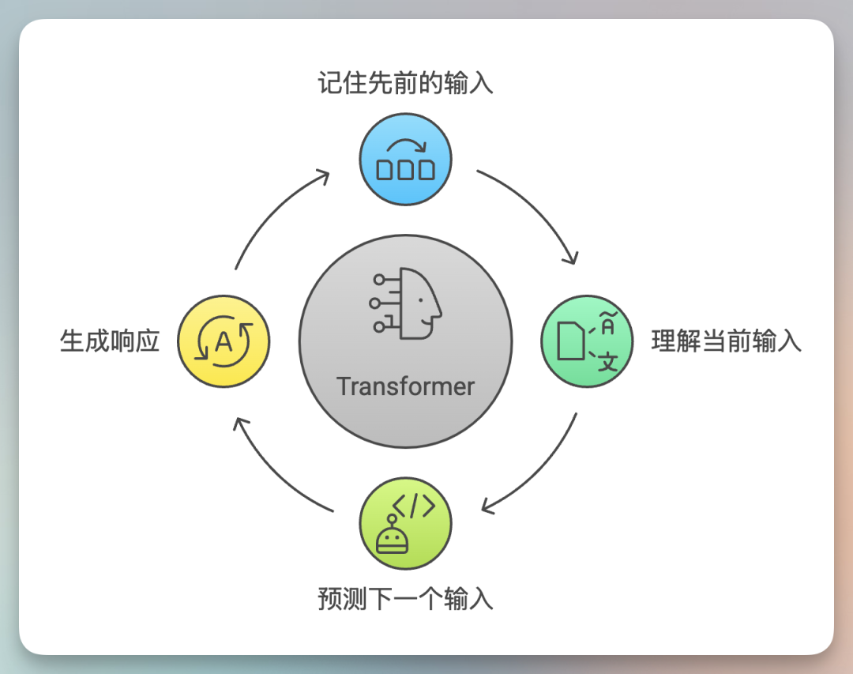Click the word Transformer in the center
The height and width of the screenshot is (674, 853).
pyautogui.click(x=405, y=386)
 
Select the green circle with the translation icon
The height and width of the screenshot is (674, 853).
pyautogui.click(x=586, y=341)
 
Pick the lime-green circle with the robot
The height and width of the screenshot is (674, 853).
pyautogui.click(x=405, y=522)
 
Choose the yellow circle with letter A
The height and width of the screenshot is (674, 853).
pyautogui.click(x=224, y=341)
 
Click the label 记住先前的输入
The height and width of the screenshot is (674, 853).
pyautogui.click(x=405, y=83)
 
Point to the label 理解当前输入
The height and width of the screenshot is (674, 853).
pyautogui.click(x=726, y=341)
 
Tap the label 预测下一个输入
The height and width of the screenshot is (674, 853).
pyautogui.click(x=405, y=598)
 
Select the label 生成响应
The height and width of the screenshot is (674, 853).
pyautogui.click(x=110, y=341)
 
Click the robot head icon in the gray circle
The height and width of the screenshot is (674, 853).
pyautogui.click(x=406, y=303)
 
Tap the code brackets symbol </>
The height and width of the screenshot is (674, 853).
pyautogui.click(x=414, y=506)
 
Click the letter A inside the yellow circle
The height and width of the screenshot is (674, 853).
pyautogui.click(x=224, y=342)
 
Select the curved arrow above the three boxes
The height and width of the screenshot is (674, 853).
pyautogui.click(x=405, y=145)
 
